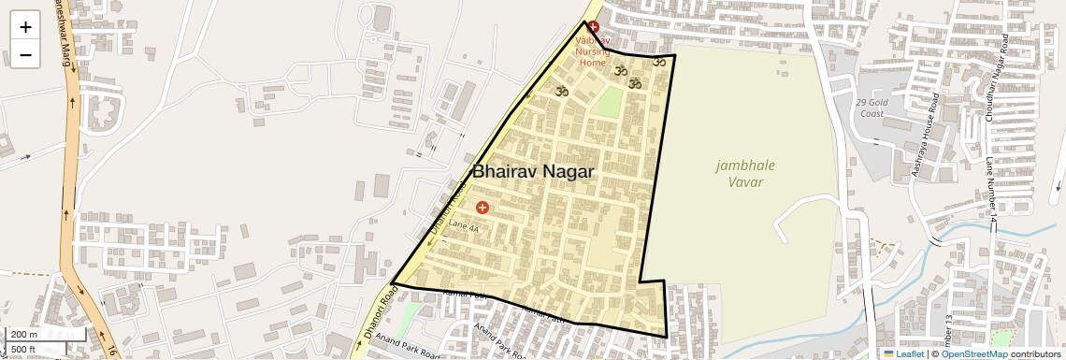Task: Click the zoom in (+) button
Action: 25,27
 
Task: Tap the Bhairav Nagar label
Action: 533,171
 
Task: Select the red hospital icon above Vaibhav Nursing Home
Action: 593,29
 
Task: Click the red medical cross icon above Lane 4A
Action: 482,207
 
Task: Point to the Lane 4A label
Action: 463,227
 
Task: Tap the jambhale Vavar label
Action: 745,173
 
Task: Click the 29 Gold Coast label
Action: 870,108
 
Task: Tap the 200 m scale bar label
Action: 23,335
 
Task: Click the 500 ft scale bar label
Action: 23,350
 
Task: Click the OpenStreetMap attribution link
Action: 974,353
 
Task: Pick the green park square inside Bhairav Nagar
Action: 608,102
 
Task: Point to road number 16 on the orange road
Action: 109,352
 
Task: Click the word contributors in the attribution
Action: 1036,353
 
